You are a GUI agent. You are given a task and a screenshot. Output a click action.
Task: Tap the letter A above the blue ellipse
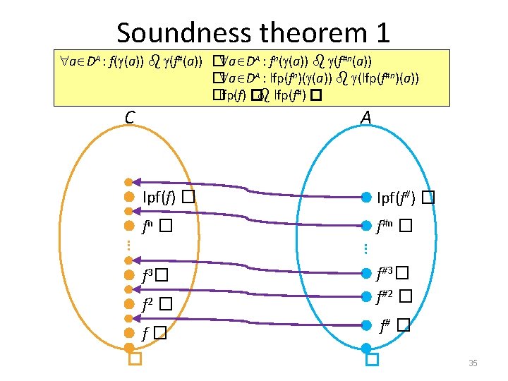click(365, 117)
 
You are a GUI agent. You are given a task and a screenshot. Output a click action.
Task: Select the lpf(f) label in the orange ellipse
click(159, 198)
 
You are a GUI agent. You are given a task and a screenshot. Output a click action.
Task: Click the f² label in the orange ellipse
click(148, 305)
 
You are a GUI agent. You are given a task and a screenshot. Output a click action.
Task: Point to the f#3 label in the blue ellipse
click(387, 273)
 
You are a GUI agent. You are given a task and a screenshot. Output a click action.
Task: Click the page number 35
click(473, 363)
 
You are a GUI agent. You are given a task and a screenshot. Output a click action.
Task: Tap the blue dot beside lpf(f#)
click(367, 197)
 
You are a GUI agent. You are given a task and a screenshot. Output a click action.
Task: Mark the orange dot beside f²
click(129, 304)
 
